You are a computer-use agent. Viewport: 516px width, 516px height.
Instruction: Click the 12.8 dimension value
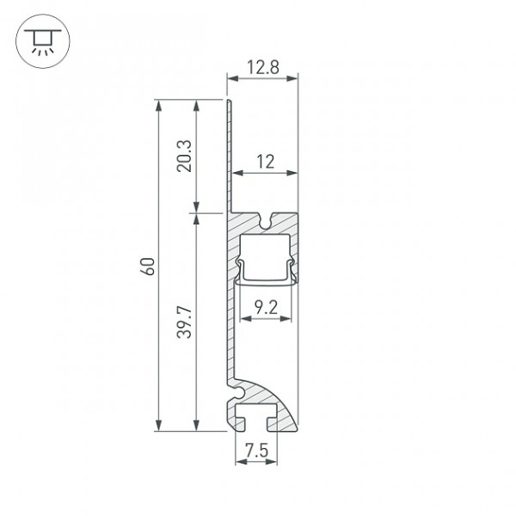263,67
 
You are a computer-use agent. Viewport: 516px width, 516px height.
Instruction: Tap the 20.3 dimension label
184,156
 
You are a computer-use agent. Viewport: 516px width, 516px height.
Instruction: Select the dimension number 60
147,267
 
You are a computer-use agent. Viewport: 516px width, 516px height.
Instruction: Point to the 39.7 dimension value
184,322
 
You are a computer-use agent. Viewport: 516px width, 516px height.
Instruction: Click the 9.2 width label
266,308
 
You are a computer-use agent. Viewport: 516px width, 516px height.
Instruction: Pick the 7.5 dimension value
256,451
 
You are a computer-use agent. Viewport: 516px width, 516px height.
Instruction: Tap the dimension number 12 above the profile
265,162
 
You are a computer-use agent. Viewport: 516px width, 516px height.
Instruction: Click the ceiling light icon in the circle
43,41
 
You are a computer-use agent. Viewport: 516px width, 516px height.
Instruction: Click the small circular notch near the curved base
239,392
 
